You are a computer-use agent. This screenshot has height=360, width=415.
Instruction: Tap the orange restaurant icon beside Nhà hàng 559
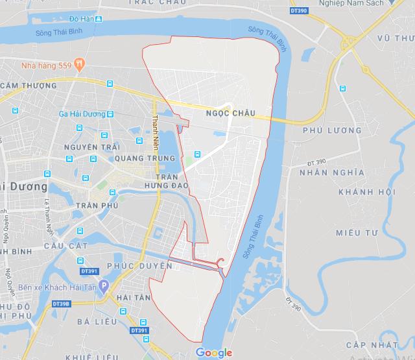79,64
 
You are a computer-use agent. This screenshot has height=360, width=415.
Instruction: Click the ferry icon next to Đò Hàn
98,19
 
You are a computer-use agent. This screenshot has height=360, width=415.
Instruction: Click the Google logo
214,352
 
